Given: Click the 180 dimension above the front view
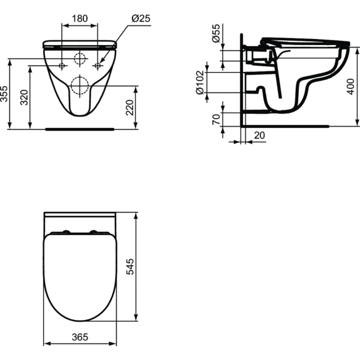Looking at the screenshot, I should (80, 19).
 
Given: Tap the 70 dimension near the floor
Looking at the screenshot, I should (215, 118).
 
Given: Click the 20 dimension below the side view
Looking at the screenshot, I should (259, 136).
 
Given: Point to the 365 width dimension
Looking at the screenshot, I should (80, 337).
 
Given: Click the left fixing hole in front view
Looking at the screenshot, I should (62, 65).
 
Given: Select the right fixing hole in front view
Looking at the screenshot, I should (97, 65).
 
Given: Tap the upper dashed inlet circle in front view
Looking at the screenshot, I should (80, 59).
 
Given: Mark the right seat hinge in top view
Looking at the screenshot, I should (95, 232).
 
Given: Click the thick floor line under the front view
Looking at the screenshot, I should (80, 128).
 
